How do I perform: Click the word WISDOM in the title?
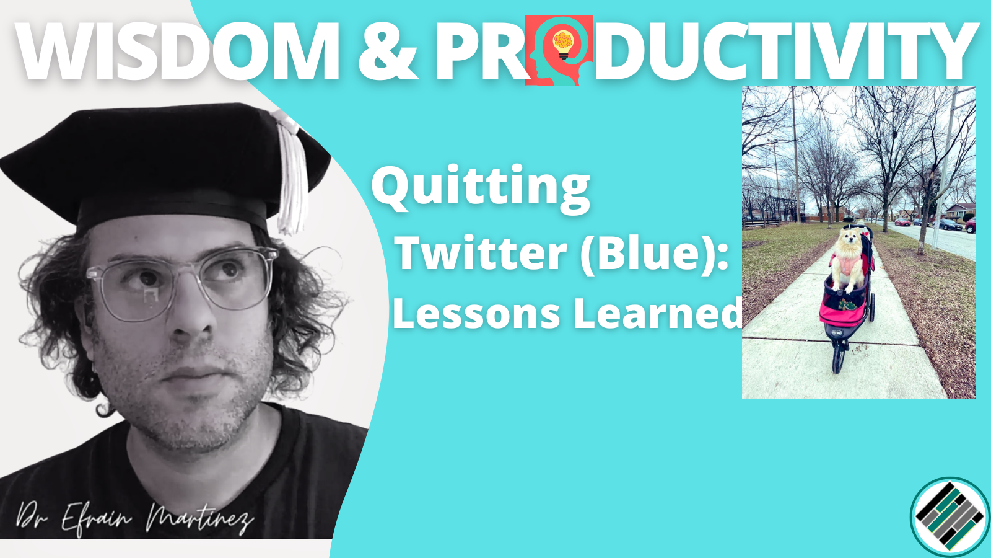point(177,51)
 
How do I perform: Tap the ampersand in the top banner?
point(388,51)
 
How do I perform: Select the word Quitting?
point(481,188)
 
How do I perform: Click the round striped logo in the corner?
point(950,517)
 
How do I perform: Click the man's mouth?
point(193,374)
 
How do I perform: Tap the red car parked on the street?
point(902,222)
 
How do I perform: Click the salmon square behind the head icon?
point(559,50)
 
